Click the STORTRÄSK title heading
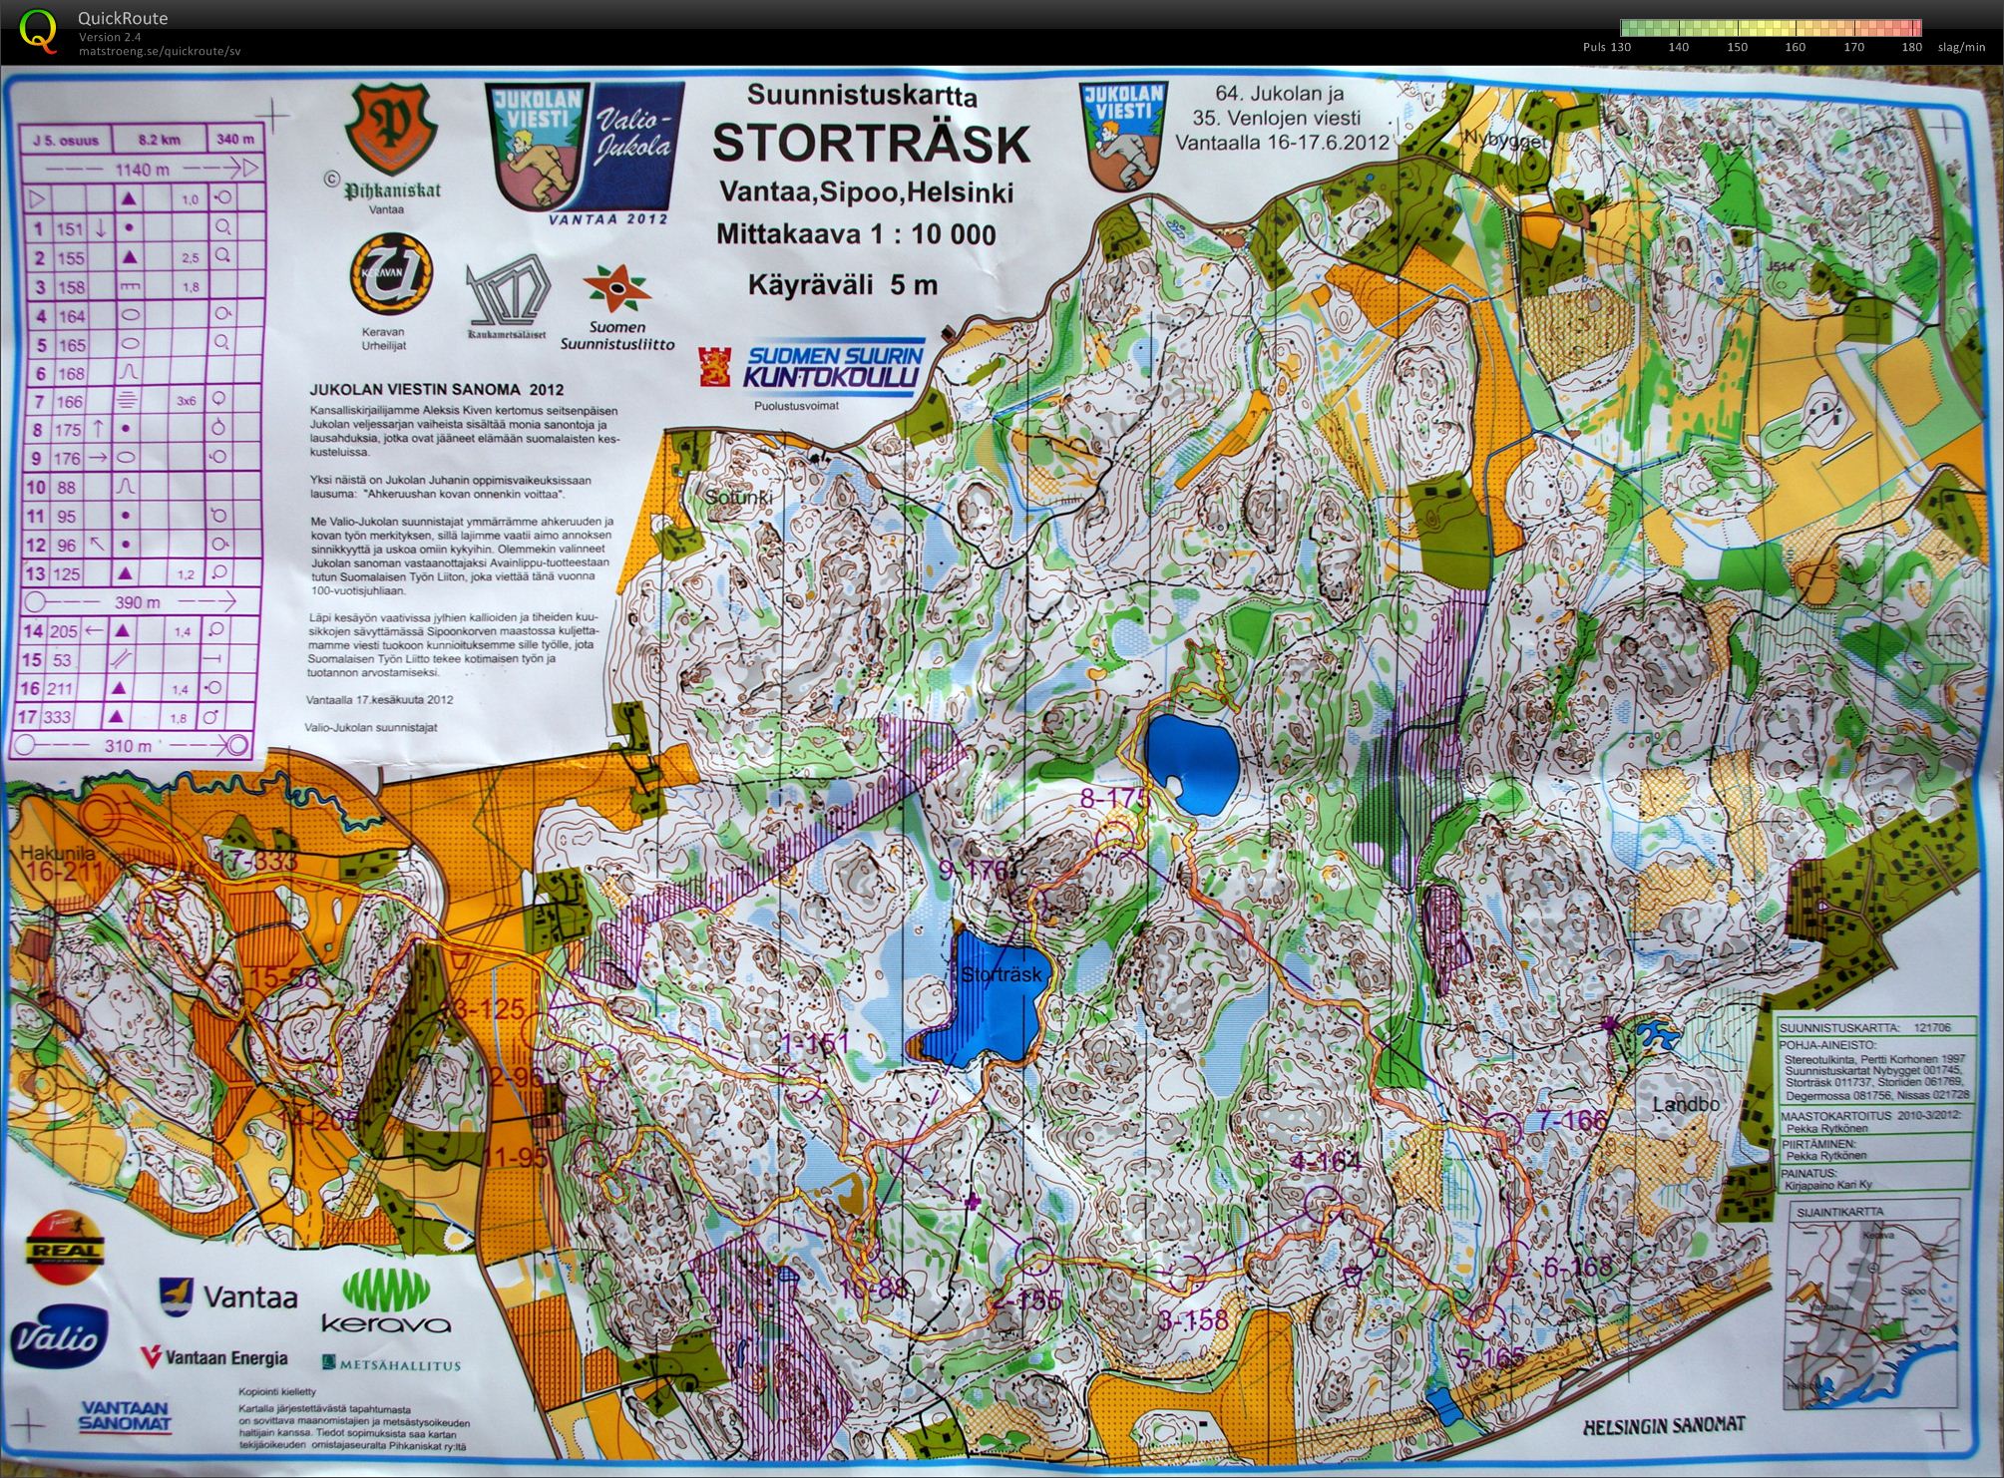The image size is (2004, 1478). click(x=870, y=144)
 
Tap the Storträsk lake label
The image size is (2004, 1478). click(x=1002, y=974)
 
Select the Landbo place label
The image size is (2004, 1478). click(x=1686, y=1104)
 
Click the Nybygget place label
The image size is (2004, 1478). click(x=1504, y=140)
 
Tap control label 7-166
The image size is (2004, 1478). click(x=1572, y=1121)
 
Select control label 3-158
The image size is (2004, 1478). click(x=1193, y=1320)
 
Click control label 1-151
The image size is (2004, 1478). click(x=814, y=1044)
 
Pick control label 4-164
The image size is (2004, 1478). click(x=1325, y=1162)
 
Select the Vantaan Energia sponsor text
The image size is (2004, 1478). click(x=214, y=1357)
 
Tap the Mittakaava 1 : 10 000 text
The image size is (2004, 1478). click(x=855, y=234)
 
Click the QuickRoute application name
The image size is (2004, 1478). click(x=123, y=18)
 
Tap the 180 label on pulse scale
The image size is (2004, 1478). click(x=1911, y=47)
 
